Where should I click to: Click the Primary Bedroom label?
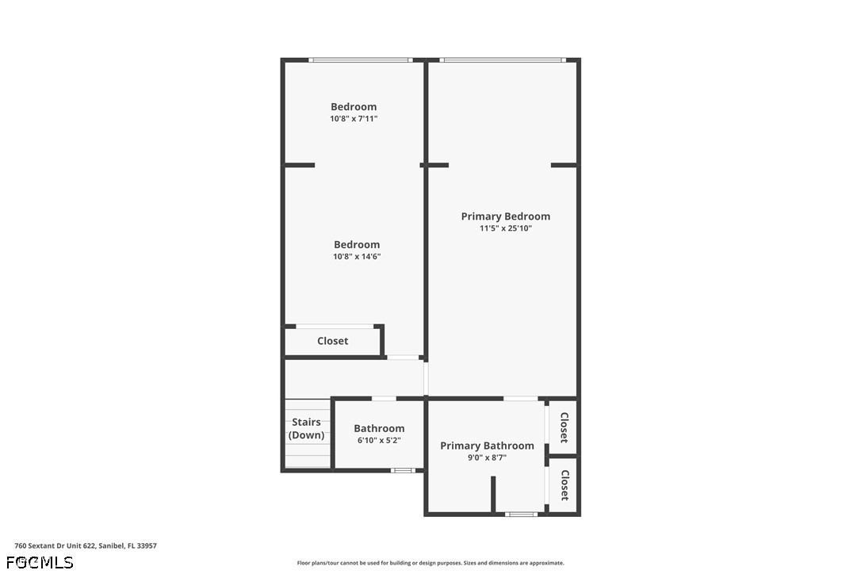[x=505, y=216]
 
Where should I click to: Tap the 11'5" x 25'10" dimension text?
[x=506, y=228]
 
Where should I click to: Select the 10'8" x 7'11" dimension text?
[x=354, y=119]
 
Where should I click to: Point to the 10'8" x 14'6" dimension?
[x=357, y=257]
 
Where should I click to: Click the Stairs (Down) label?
[x=306, y=428]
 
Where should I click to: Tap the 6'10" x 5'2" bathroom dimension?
[x=379, y=441]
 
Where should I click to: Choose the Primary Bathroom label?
[x=487, y=446]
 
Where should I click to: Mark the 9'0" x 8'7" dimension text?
[x=487, y=457]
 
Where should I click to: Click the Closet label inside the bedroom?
[x=333, y=341]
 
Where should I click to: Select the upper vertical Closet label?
[x=564, y=427]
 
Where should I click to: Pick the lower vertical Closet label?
[x=564, y=485]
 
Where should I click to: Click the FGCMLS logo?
[x=40, y=562]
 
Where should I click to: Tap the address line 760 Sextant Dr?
[x=86, y=546]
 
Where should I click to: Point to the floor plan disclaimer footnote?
[x=430, y=563]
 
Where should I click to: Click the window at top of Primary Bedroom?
[x=503, y=60]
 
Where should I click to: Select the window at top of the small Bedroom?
[x=360, y=60]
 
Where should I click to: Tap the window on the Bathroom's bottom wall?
[x=403, y=470]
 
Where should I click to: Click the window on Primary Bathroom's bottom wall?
[x=521, y=514]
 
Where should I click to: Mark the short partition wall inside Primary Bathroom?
[x=493, y=495]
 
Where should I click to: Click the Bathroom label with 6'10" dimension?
[x=379, y=428]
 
